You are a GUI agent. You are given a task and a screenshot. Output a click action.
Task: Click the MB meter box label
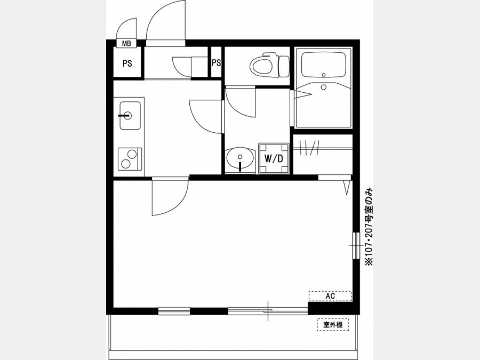coord(126,44)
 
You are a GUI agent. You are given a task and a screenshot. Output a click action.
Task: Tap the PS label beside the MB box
coord(127,63)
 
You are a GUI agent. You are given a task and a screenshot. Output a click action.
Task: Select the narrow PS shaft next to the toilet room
coord(216,63)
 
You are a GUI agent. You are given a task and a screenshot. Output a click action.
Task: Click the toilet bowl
coord(269,65)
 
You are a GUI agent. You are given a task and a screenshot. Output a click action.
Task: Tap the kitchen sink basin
coord(130,115)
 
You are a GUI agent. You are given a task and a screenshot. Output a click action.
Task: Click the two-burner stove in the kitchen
coord(130,158)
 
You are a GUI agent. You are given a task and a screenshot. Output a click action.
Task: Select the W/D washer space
coord(274,158)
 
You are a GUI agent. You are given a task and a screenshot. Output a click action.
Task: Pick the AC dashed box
coord(330,296)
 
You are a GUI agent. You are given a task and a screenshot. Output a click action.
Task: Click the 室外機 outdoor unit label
coord(333,325)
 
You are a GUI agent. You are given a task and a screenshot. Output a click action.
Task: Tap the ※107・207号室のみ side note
coord(369,227)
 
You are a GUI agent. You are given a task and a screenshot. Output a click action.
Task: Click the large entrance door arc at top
coord(166,23)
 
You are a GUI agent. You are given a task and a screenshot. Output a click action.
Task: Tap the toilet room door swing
coord(241,102)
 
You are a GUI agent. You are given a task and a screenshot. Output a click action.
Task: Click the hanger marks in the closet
coord(309,148)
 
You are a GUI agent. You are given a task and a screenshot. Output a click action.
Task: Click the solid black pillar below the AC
coord(330,308)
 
